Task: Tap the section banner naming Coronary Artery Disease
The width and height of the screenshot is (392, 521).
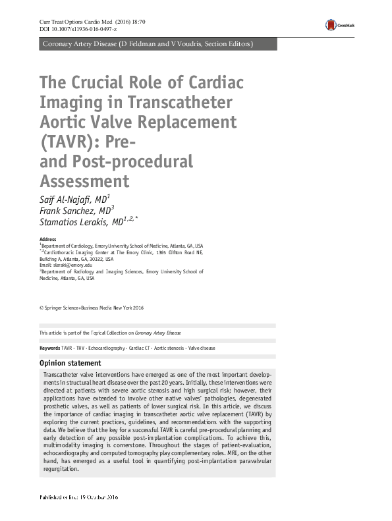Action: (x=147, y=44)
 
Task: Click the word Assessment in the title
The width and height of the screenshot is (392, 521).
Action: (x=84, y=180)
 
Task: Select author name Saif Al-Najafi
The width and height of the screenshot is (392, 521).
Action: (x=72, y=198)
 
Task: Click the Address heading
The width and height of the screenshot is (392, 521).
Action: (x=48, y=239)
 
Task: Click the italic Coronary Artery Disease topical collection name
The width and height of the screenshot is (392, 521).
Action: (x=159, y=333)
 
